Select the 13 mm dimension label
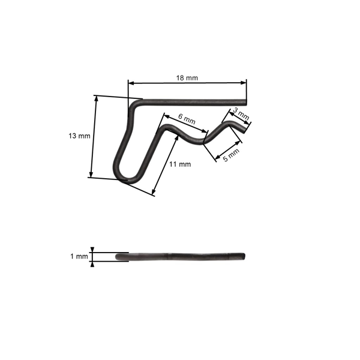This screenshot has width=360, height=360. pos(80,136)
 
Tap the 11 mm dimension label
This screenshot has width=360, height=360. pos(180,164)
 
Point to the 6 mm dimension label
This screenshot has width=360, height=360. pos(187,119)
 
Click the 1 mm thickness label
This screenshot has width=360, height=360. pos(79,256)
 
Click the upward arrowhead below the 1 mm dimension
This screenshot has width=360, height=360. pos(92,263)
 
